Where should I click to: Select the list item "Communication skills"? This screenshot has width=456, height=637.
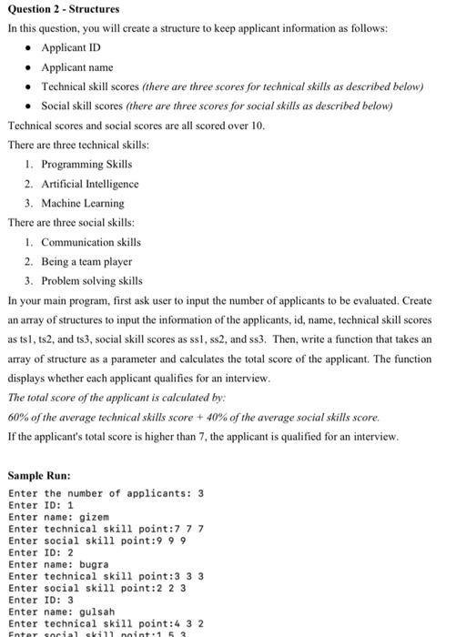90,242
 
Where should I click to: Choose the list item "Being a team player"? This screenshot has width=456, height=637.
86,261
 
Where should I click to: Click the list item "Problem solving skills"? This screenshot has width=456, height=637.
91,280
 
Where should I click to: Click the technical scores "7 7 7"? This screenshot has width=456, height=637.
187,529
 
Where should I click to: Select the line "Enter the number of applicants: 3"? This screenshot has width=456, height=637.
106,493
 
